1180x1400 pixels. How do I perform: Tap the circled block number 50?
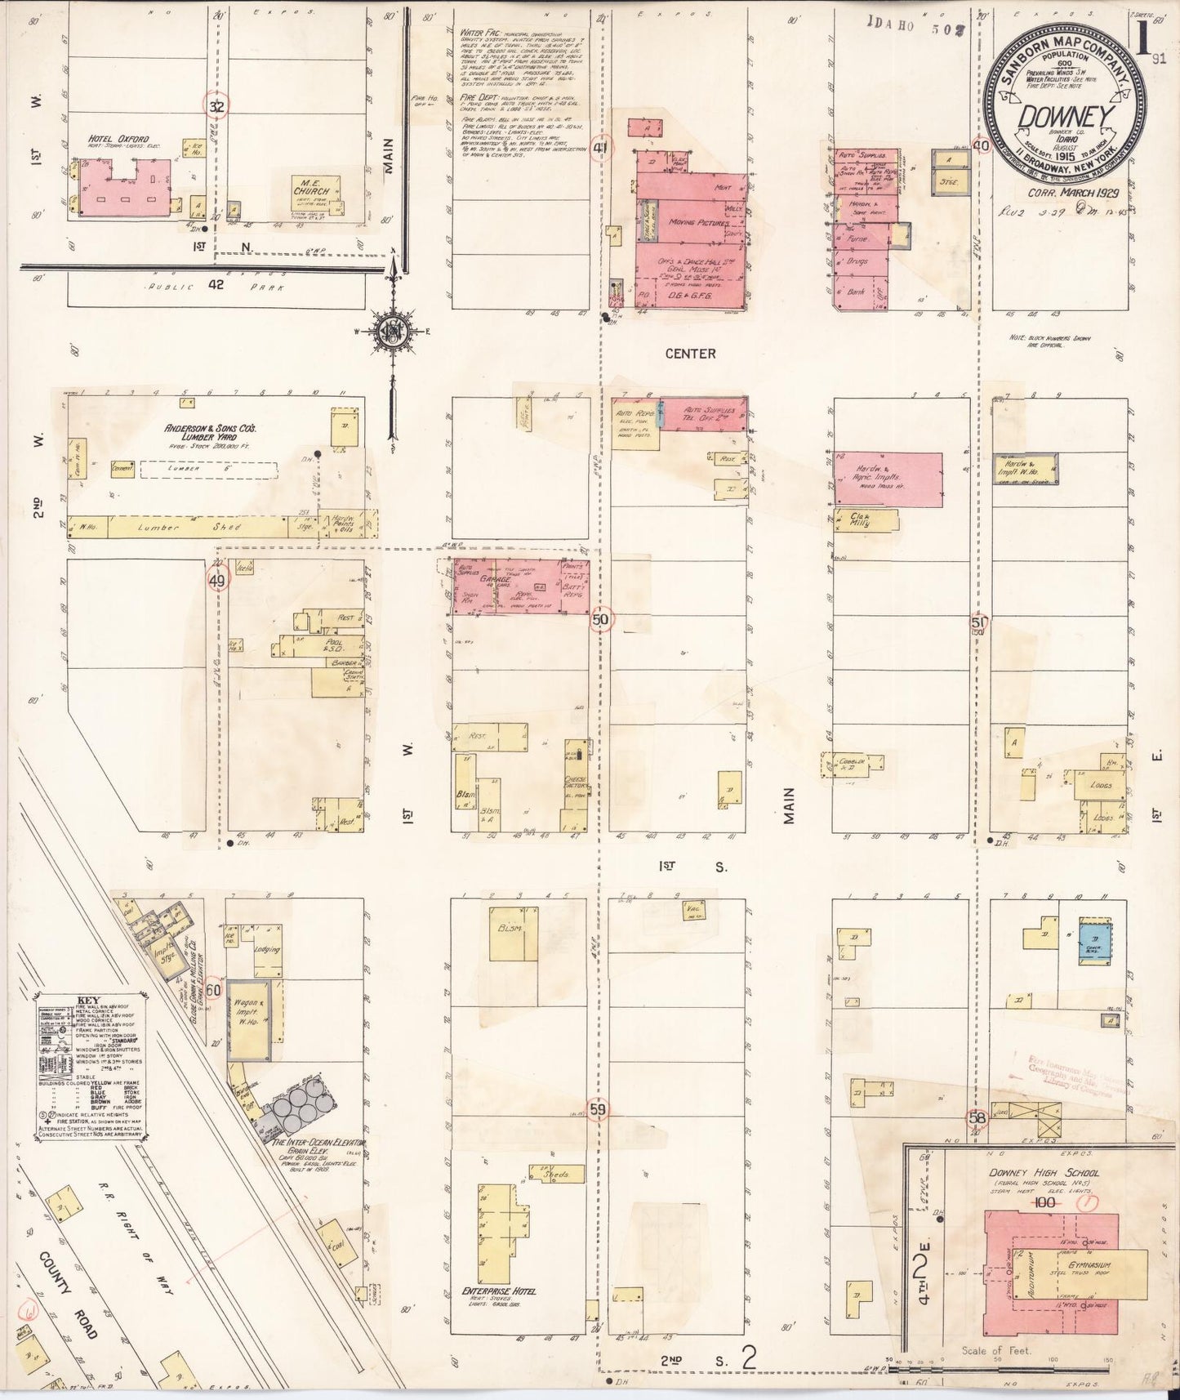click(601, 620)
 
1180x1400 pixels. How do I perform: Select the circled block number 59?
click(599, 1110)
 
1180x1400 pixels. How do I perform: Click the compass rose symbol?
click(392, 331)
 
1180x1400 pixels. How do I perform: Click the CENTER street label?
click(690, 354)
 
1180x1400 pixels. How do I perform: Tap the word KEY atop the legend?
click(87, 1001)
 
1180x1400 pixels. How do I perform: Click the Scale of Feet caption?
click(996, 1351)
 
